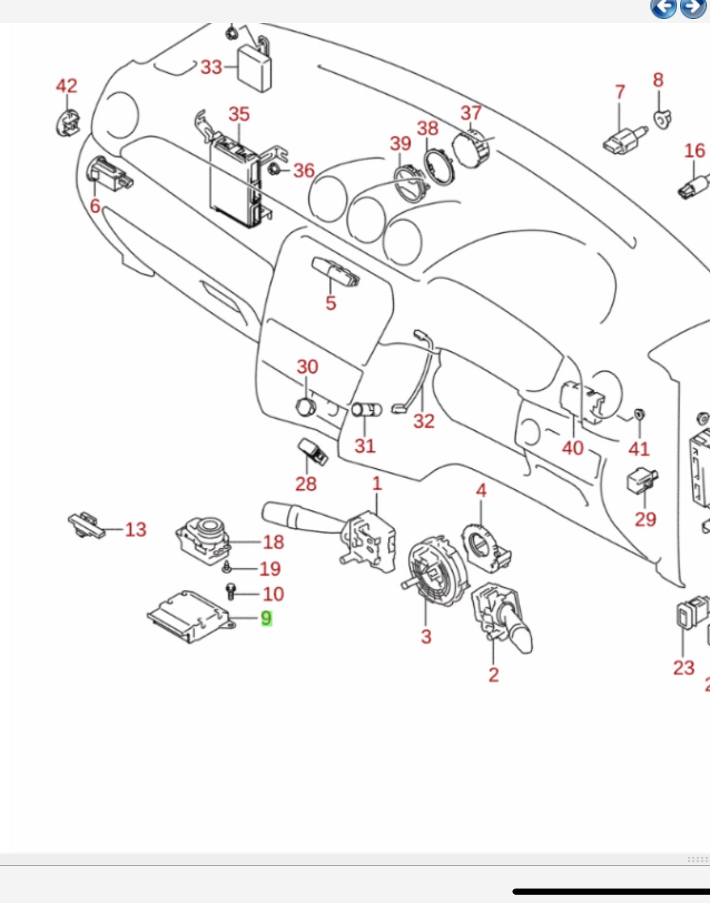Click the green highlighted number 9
coord(267,618)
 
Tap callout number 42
coord(67,86)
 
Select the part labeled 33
coord(255,67)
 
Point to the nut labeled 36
coord(274,169)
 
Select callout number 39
coord(401,144)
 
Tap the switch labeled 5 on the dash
coord(335,272)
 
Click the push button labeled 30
coord(305,407)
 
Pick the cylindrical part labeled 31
coord(367,410)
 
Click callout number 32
coord(423,421)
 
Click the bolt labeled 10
coord(231,591)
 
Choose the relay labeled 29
coord(642,479)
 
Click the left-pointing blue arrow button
coord(663,8)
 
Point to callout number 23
coord(683,668)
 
